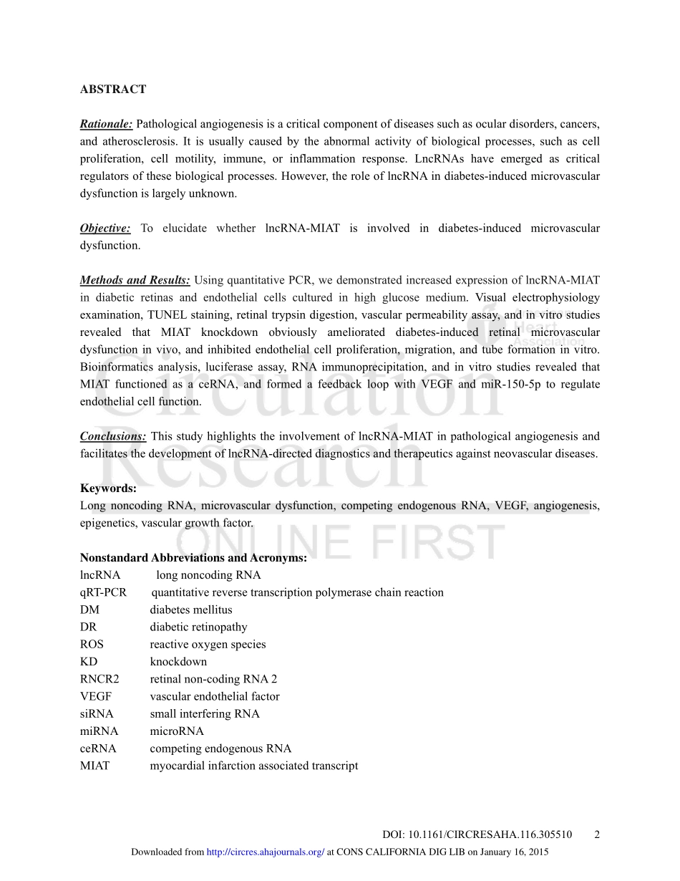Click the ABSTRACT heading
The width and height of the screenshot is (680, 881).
tap(113, 90)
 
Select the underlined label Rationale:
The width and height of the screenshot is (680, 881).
tap(106, 125)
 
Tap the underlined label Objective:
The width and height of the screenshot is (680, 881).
tap(105, 228)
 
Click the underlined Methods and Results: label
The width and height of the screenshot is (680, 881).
tap(135, 280)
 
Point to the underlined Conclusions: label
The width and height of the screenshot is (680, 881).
tap(113, 436)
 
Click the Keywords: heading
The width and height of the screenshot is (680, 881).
tap(108, 488)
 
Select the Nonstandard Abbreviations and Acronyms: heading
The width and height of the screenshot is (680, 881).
tap(193, 558)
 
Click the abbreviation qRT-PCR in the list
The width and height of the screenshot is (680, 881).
tap(103, 592)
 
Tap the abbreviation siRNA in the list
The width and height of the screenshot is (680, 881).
tap(97, 713)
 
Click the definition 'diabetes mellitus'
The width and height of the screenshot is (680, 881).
tap(191, 610)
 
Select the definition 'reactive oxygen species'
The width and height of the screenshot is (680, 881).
tap(208, 645)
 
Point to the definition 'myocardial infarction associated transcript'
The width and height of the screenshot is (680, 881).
tap(254, 766)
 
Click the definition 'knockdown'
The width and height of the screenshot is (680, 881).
tap(178, 662)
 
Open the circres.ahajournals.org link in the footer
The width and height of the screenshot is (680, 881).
tap(265, 852)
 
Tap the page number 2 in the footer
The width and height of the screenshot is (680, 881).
tap(597, 834)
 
